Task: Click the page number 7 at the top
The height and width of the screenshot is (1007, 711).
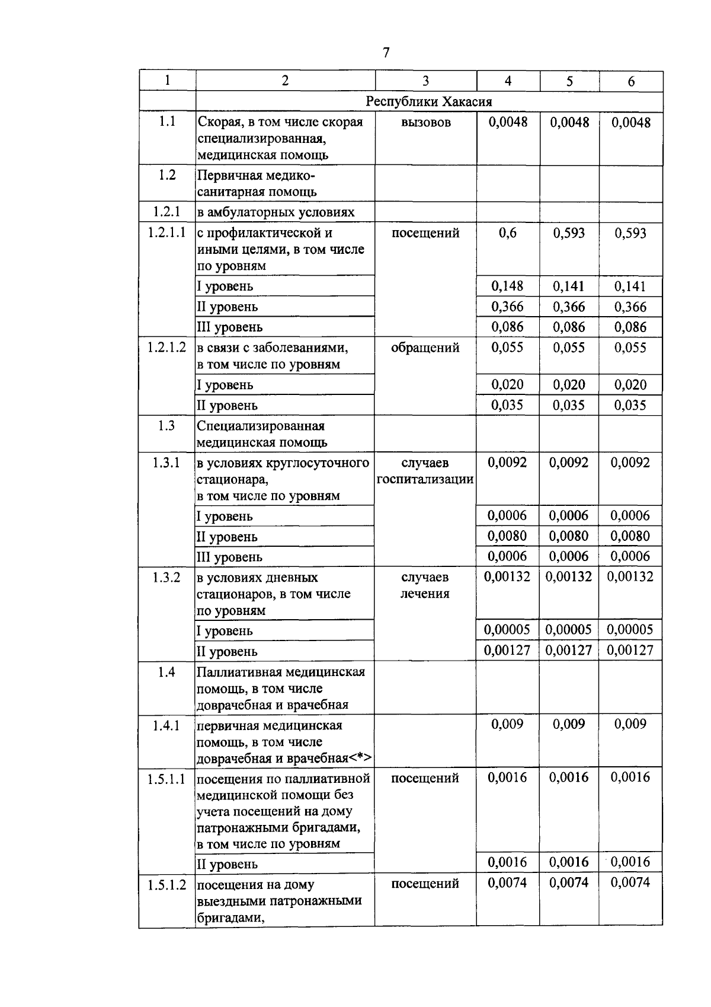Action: tap(386, 53)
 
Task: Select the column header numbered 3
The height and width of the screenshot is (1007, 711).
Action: tap(425, 81)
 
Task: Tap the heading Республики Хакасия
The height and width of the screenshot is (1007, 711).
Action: tap(429, 101)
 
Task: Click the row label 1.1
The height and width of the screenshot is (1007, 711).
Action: tap(167, 122)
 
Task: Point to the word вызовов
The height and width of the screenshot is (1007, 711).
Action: tap(425, 122)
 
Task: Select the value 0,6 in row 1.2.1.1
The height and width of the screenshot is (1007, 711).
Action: tap(508, 233)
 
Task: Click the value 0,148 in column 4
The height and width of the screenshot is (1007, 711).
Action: tap(508, 286)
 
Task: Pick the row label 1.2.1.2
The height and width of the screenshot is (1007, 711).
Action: tap(166, 348)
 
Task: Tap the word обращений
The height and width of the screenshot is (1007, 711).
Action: tap(425, 348)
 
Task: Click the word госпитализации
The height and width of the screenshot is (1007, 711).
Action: tap(425, 479)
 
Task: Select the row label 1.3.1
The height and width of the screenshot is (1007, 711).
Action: tap(166, 463)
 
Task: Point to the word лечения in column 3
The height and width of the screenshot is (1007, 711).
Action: tap(425, 594)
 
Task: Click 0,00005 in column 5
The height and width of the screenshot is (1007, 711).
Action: tap(569, 630)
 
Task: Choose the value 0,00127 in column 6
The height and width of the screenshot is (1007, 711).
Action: tap(630, 651)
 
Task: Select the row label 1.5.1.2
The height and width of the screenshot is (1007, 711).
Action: tap(166, 885)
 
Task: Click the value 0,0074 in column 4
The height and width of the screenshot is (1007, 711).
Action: tap(508, 883)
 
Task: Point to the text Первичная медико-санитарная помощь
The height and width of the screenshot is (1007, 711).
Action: tap(257, 183)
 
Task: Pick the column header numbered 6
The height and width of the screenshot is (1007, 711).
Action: tap(631, 81)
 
